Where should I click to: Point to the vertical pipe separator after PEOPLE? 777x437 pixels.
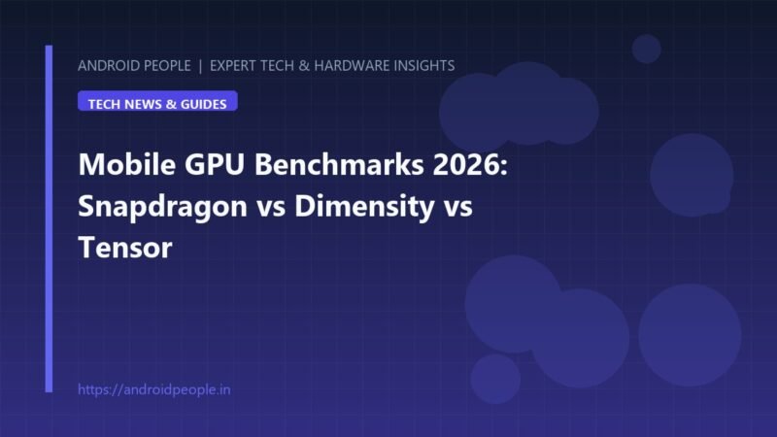(200, 66)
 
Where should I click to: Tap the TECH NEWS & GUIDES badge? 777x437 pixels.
(157, 101)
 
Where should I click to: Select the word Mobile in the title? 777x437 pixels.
(127, 164)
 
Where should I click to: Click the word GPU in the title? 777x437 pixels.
(215, 164)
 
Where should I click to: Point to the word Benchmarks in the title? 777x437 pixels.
(339, 164)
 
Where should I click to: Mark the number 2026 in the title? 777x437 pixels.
(470, 164)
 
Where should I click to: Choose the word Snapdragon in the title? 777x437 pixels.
(162, 207)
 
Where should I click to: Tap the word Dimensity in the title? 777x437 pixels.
(365, 207)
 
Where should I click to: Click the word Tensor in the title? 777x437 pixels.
(125, 248)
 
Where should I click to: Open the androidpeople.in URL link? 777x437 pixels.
(154, 389)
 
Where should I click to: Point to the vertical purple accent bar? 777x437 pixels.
(49, 218)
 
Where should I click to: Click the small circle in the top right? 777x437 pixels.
(646, 50)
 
